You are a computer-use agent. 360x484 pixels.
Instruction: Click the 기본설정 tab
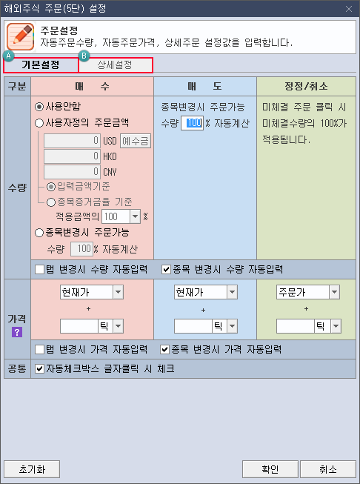41,65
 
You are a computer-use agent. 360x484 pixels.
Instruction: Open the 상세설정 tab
116,65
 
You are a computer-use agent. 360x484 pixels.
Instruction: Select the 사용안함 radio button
39,107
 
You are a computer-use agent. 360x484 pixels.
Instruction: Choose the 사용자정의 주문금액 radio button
39,123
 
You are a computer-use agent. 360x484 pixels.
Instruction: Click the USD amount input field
72,141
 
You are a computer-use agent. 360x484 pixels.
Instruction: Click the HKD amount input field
72,156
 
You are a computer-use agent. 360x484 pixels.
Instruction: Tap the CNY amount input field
72,172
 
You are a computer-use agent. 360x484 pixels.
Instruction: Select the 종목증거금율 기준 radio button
51,202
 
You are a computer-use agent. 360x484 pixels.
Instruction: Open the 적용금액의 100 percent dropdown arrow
135,216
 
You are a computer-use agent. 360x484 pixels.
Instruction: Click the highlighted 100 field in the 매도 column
192,123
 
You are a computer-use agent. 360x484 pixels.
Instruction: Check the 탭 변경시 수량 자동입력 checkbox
39,270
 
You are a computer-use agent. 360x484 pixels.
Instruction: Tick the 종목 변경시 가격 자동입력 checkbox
165,350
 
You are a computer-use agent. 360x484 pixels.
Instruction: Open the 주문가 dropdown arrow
334,292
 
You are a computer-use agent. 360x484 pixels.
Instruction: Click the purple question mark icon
17,332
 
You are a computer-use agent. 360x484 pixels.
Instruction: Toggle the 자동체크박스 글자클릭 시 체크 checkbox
39,369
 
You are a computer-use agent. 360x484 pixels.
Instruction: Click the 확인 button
270,469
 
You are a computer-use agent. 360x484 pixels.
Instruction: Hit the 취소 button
328,469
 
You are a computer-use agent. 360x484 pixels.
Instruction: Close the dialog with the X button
349,9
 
